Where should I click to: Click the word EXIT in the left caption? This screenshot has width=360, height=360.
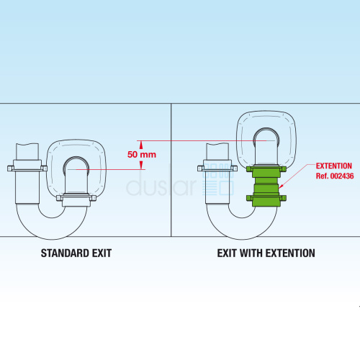pos(102,253)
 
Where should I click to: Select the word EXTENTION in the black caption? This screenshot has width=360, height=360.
pos(290,253)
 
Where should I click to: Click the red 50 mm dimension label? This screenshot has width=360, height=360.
pos(142,155)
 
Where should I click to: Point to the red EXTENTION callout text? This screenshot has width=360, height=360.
pos(334,166)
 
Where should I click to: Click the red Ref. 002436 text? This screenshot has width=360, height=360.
pos(335,176)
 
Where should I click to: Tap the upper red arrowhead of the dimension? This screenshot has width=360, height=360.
pos(141,145)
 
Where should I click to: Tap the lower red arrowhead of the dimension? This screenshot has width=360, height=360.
pos(141,165)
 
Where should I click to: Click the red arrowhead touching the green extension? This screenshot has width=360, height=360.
pos(281,186)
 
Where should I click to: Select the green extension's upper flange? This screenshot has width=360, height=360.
pos(266,169)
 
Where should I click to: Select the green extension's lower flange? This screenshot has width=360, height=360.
pos(266,198)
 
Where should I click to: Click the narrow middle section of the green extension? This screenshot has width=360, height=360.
pos(266,181)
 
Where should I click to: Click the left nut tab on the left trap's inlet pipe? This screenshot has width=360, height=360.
pos(10,168)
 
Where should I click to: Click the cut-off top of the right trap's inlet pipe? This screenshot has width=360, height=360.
pos(217,144)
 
